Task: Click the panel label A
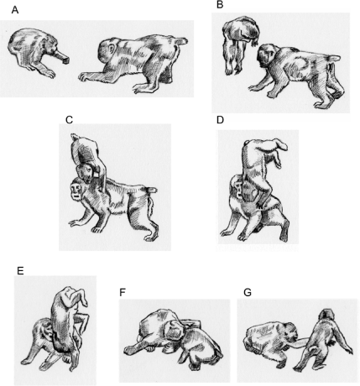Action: click(15, 10)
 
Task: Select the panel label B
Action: click(220, 4)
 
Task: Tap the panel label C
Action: click(69, 120)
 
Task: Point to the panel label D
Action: click(221, 120)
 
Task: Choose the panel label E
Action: click(20, 271)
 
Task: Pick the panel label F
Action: click(123, 292)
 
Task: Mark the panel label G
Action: click(248, 292)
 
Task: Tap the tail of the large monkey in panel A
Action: click(181, 41)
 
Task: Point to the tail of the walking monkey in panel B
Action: click(333, 58)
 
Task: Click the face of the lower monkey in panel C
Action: click(76, 190)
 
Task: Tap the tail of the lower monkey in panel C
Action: click(153, 190)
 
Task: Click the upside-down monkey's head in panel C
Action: click(86, 173)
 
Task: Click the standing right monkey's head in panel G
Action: click(326, 316)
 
